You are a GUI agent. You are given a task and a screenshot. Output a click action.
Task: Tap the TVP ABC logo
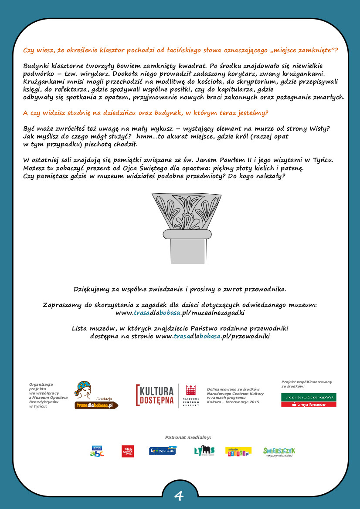tap(97, 451)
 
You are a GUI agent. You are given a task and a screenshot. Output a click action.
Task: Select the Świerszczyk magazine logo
tap(279, 451)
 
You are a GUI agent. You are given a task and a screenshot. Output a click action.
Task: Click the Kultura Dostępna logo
tap(156, 395)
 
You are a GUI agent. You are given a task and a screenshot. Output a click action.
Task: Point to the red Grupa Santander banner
tap(309, 405)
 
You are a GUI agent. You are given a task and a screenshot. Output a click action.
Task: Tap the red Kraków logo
tap(128, 451)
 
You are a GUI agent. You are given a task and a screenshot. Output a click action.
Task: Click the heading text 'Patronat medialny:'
tap(188, 437)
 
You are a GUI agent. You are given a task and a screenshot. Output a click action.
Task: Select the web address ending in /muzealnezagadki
tap(180, 313)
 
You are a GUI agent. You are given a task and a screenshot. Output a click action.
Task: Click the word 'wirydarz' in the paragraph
tap(91, 74)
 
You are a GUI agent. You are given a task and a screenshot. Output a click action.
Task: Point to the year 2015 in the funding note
tap(253, 402)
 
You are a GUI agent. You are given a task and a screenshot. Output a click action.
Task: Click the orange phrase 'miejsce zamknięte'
tap(302, 50)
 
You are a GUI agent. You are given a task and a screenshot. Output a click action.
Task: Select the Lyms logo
tap(204, 451)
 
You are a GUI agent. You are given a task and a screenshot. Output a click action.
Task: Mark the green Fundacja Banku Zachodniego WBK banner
tap(309, 397)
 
